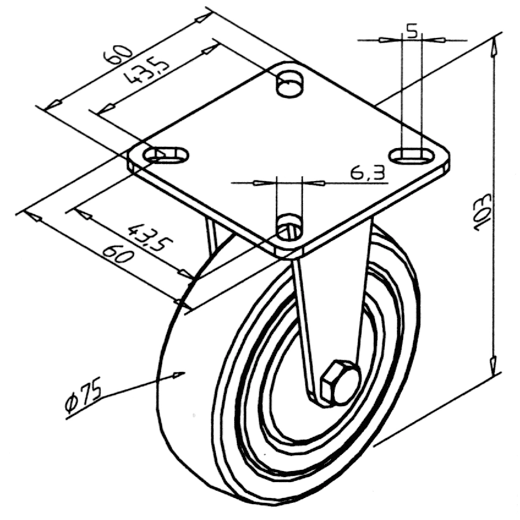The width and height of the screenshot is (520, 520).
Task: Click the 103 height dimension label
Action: tap(483, 212)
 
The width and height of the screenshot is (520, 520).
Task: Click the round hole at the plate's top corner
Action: tap(289, 83)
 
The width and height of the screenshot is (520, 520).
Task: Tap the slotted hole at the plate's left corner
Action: tap(166, 155)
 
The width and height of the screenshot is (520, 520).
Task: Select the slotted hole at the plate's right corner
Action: tap(412, 155)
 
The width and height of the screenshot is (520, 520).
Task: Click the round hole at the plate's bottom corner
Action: tap(289, 227)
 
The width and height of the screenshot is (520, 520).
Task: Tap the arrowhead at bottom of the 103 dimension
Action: tap(493, 364)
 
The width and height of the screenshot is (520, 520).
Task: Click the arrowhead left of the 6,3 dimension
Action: tap(261, 183)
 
